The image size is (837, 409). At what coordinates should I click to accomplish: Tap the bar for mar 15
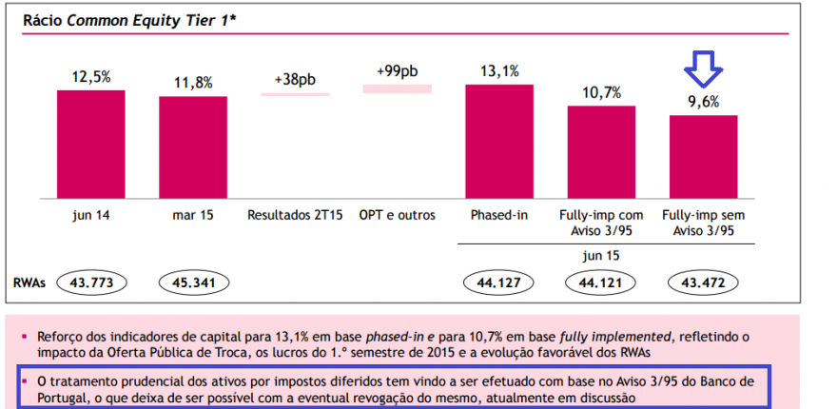click(193, 147)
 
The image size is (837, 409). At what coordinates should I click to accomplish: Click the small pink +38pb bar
click(295, 93)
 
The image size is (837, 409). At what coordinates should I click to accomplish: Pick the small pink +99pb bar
click(397, 88)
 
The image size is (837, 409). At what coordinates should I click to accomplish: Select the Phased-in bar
click(499, 142)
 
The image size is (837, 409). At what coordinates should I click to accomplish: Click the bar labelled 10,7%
click(601, 152)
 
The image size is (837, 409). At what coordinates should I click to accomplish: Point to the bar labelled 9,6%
click(703, 157)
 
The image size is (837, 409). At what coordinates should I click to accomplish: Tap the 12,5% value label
click(90, 76)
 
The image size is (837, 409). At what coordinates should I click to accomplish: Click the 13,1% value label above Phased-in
click(499, 70)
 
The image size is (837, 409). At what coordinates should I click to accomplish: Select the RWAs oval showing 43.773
click(92, 282)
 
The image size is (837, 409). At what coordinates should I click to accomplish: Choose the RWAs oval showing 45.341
click(194, 282)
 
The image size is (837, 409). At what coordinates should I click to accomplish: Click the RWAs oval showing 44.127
click(499, 282)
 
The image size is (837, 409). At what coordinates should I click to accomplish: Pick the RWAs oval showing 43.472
click(704, 282)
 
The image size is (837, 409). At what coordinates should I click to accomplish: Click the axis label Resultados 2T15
click(294, 216)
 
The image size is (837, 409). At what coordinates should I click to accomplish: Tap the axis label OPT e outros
click(397, 216)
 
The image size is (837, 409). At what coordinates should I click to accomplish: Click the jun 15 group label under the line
click(601, 256)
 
